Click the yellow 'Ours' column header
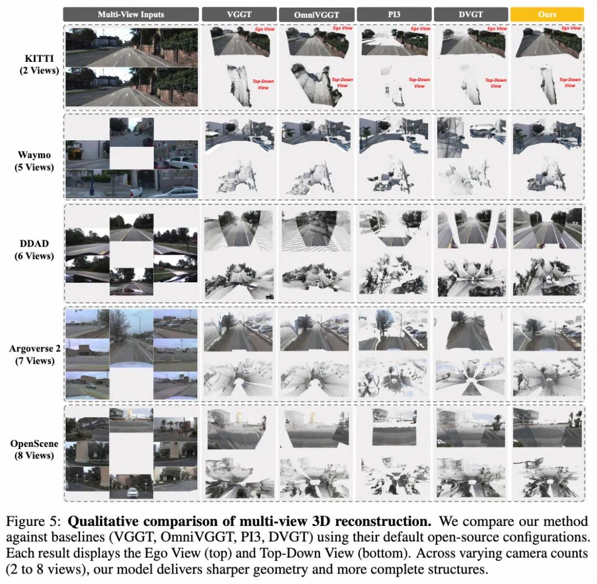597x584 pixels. pyautogui.click(x=547, y=14)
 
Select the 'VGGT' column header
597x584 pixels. pyautogui.click(x=239, y=14)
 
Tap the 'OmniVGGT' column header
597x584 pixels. pyautogui.click(x=316, y=15)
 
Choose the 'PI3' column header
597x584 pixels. pyautogui.click(x=394, y=14)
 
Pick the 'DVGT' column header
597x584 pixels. pyautogui.click(x=470, y=14)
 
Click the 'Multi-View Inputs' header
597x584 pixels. pyautogui.click(x=131, y=14)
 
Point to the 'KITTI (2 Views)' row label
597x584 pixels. pyautogui.click(x=39, y=64)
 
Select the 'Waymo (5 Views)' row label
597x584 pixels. pyautogui.click(x=34, y=161)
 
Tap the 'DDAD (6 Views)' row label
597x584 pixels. pyautogui.click(x=34, y=250)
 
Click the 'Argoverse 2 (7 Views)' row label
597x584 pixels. pyautogui.click(x=35, y=355)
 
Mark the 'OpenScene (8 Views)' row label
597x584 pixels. pyautogui.click(x=34, y=449)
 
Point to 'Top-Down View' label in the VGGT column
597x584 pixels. pyautogui.click(x=263, y=85)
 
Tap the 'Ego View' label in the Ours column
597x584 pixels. pyautogui.click(x=571, y=28)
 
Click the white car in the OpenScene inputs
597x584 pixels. pyautogui.click(x=132, y=493)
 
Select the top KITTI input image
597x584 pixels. pyautogui.click(x=132, y=47)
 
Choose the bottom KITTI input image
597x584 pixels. pyautogui.click(x=132, y=87)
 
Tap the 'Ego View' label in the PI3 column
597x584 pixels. pyautogui.click(x=420, y=29)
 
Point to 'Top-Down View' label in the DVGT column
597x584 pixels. pyautogui.click(x=496, y=83)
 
